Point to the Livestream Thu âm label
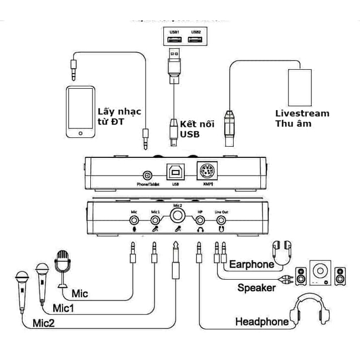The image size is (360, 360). pos(302,119)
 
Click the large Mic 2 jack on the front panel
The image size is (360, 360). pos(177,214)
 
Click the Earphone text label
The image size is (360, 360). pos(252,264)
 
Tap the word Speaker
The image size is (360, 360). pos(256,287)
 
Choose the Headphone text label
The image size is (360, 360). pos(261,322)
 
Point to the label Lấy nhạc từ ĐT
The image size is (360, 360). pos(119,117)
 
